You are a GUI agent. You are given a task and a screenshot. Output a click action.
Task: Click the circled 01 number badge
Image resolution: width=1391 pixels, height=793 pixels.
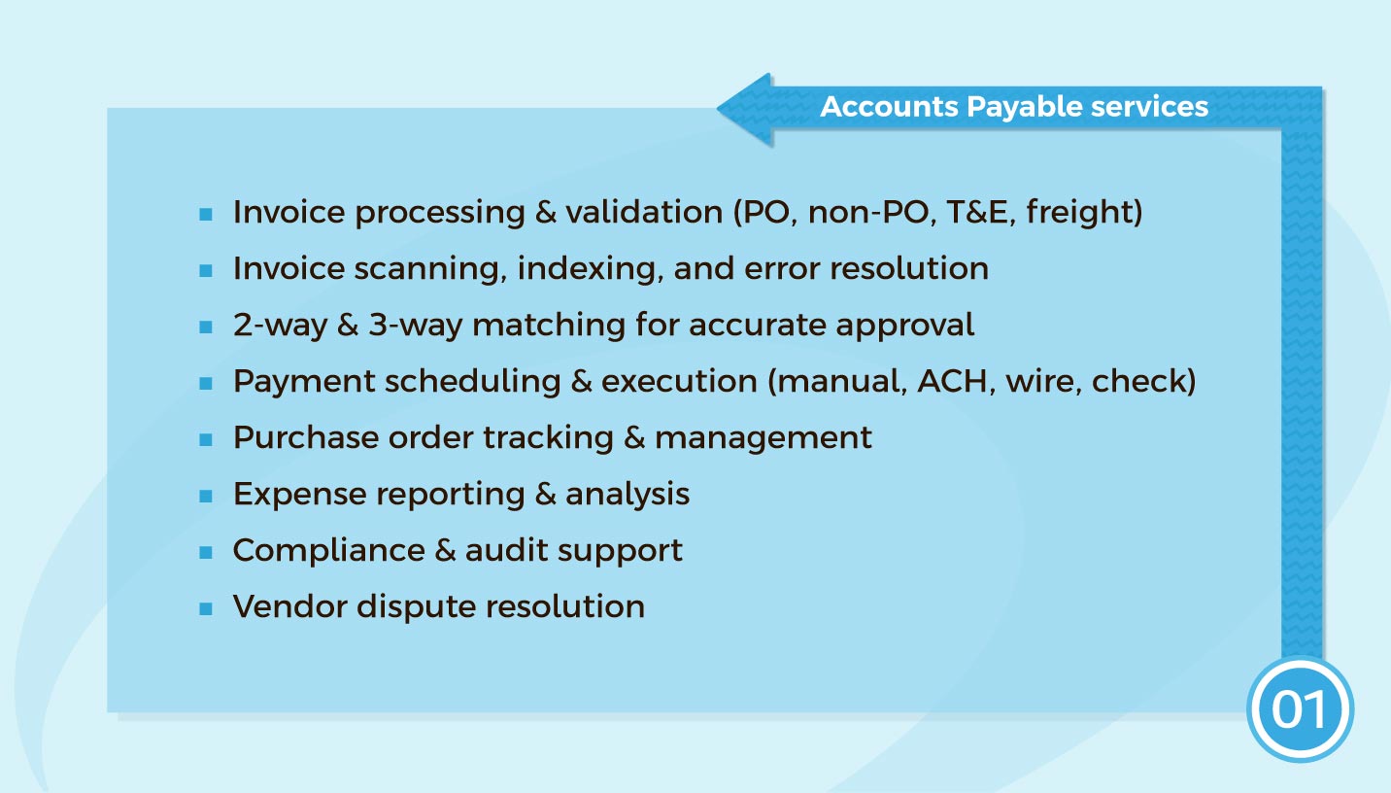1299,709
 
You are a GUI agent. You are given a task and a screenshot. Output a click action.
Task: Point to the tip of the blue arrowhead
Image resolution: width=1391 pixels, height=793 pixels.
720,108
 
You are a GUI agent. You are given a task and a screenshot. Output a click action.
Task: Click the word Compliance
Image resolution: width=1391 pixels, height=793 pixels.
328,550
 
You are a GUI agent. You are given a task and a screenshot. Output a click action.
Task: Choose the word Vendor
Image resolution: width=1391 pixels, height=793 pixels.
289,606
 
